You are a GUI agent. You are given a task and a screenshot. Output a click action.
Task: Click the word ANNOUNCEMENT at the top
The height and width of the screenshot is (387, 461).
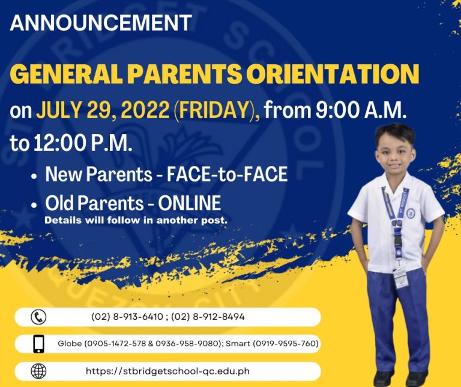pos(101,23)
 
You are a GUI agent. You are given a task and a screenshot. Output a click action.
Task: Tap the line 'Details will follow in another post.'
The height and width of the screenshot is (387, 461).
pos(136,220)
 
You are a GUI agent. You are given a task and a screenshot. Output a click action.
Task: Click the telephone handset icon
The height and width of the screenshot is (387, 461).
pos(38,317)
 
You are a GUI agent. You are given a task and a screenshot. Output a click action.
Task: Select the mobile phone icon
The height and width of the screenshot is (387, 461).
pos(38,344)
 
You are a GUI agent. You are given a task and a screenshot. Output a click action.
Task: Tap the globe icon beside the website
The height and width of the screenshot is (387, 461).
pos(38,371)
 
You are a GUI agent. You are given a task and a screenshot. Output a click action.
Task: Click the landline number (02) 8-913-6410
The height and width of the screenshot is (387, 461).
pos(127,317)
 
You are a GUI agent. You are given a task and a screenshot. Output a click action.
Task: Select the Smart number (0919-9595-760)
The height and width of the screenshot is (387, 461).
pos(286,344)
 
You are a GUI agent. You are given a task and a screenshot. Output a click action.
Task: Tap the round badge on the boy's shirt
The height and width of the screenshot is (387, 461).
pos(411,213)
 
